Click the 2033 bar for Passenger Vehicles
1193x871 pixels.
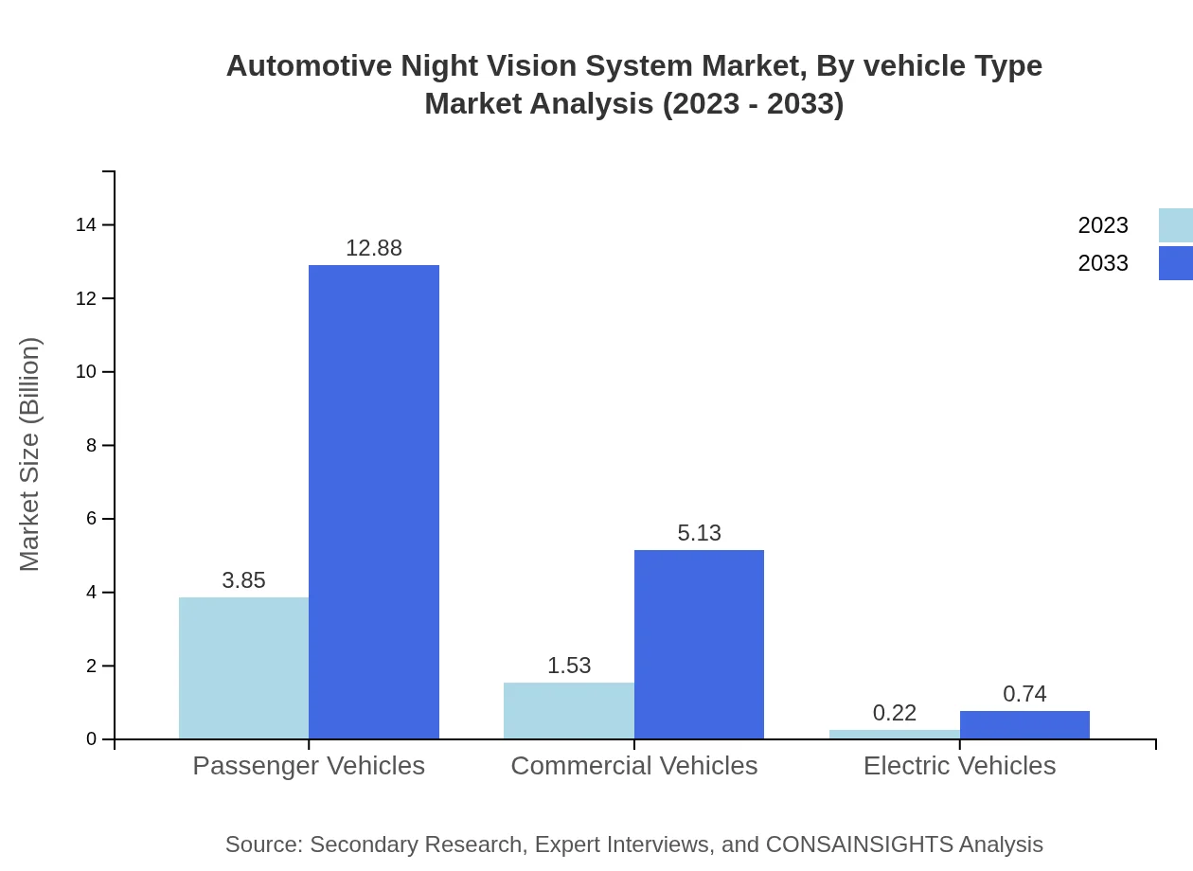(x=374, y=502)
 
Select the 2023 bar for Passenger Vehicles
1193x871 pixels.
(x=243, y=667)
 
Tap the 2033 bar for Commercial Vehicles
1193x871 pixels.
(x=699, y=644)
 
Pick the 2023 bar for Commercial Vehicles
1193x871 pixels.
(x=568, y=710)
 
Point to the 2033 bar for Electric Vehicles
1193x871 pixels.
(x=1024, y=725)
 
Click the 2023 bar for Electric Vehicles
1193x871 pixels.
(x=894, y=735)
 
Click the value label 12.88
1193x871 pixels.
(x=374, y=248)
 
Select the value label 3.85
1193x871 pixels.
(x=243, y=580)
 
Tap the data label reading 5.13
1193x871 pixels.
(x=699, y=533)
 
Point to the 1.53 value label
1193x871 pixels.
(x=569, y=666)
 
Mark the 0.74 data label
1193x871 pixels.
(x=1024, y=694)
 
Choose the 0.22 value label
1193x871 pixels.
(x=895, y=713)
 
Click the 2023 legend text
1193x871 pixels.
(x=1103, y=225)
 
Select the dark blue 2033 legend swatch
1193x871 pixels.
(x=1175, y=263)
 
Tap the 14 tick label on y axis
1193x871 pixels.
(x=86, y=224)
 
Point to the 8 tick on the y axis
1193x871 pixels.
(x=92, y=445)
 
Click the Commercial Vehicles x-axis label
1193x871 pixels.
(x=633, y=765)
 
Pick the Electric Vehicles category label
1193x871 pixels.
(x=959, y=765)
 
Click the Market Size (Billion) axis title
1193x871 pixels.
(x=29, y=454)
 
